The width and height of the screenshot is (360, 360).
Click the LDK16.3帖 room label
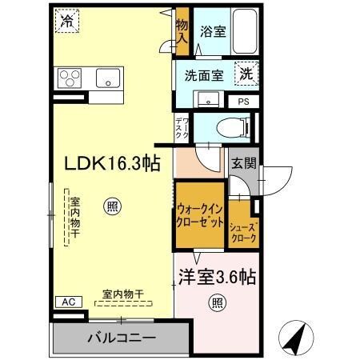(113, 163)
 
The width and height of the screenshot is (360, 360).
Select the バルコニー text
(121, 337)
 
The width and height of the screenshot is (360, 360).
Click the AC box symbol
(66, 302)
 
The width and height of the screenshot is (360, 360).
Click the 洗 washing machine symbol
(246, 74)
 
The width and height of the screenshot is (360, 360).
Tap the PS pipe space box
(243, 102)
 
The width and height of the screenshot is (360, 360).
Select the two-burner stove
(70, 78)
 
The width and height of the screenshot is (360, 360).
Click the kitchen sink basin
(108, 78)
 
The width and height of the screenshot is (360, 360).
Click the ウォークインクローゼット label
(201, 217)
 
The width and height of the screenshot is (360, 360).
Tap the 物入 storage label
(182, 30)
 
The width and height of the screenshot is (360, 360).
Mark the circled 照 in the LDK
(113, 207)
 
